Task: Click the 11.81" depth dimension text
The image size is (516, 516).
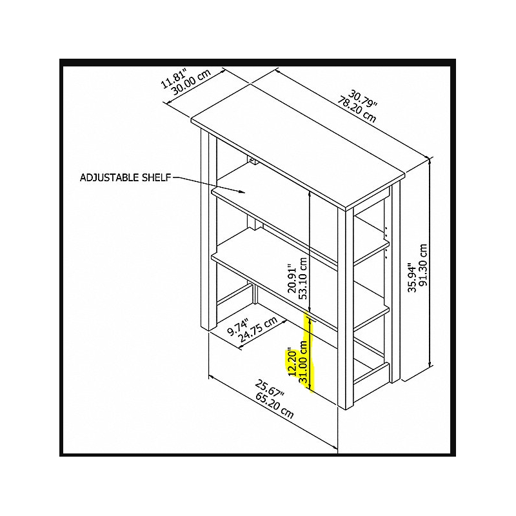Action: pyautogui.click(x=174, y=78)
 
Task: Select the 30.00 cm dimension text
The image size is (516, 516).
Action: pyautogui.click(x=191, y=83)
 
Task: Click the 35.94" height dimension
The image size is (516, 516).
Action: pyautogui.click(x=412, y=277)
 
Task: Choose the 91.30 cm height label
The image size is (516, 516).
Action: pyautogui.click(x=423, y=265)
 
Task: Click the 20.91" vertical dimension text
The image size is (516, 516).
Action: pyautogui.click(x=292, y=278)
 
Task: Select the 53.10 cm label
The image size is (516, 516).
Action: pyautogui.click(x=303, y=279)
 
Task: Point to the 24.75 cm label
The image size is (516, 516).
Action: pyautogui.click(x=257, y=330)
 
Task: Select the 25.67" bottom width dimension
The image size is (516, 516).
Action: pyautogui.click(x=270, y=390)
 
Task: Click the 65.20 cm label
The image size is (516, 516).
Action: pyautogui.click(x=274, y=406)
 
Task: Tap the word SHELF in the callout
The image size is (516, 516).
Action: pyautogui.click(x=156, y=178)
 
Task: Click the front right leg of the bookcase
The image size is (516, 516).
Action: pyautogui.click(x=345, y=308)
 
